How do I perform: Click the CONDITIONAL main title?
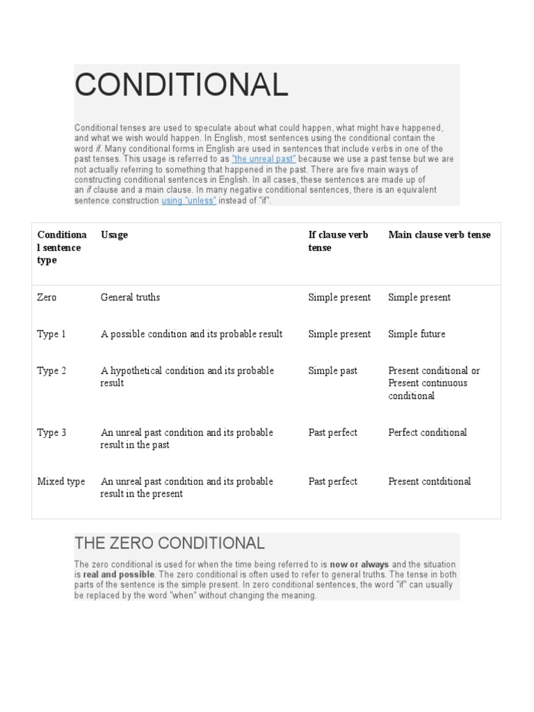click(181, 86)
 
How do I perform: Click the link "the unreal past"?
click(264, 159)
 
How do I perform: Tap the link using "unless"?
click(189, 200)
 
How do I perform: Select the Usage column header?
click(115, 235)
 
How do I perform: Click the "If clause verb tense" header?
click(338, 241)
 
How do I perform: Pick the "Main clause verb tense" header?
click(439, 235)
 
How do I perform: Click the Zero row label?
click(47, 298)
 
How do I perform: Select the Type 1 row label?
click(51, 334)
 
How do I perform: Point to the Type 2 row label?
click(51, 371)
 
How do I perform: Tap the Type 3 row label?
click(51, 433)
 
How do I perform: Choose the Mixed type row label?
click(60, 482)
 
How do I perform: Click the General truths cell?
click(130, 298)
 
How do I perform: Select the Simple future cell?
click(416, 334)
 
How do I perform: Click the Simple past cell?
click(332, 371)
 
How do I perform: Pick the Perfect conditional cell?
click(427, 433)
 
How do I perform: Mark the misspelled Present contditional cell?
click(429, 482)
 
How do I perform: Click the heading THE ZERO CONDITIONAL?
click(169, 543)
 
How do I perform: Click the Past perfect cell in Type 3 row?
click(332, 433)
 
